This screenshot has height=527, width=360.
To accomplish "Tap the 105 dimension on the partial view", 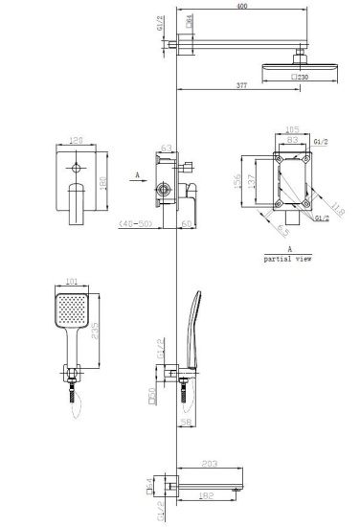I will click(x=293, y=126).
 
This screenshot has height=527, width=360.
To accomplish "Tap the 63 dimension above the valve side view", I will click(x=166, y=148).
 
